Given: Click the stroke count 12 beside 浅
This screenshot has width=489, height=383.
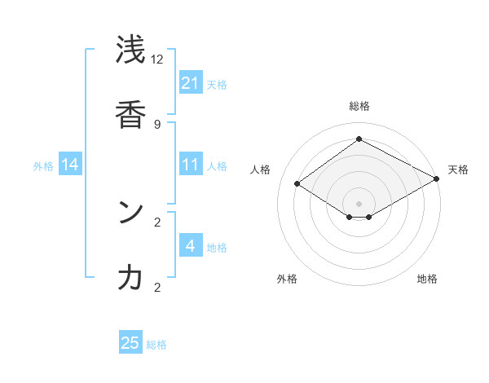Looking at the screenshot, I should pos(156,59).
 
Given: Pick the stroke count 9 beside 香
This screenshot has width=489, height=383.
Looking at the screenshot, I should pos(156,125).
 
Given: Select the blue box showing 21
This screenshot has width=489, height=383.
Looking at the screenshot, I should pos(191,83).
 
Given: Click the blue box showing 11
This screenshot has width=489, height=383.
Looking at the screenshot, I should pos(191,165).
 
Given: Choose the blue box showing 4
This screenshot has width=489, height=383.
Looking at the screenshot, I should pos(191,246).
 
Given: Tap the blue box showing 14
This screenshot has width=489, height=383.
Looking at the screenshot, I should pos(70,165).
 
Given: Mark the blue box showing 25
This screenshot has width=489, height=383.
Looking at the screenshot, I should pos(130,343).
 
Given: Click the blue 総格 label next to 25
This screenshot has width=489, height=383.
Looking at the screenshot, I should pos(157,345).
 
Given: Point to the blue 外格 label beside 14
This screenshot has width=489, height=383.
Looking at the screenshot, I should pos(43,166).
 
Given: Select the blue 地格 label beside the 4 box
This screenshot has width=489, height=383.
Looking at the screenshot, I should pos(217,248).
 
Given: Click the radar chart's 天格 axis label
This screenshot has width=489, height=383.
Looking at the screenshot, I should pos(458,169).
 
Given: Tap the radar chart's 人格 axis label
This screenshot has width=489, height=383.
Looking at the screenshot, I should pos(260,169).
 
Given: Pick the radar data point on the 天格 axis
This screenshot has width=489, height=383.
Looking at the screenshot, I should pos(438,178).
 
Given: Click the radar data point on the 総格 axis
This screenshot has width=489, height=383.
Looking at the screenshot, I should pos(359,139).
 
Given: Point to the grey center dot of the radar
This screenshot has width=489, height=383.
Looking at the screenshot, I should pos(359,204).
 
